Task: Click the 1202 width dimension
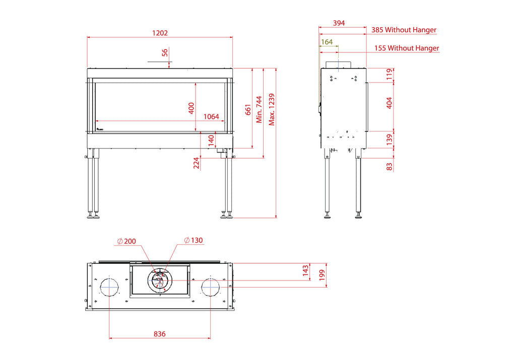(x=160, y=33)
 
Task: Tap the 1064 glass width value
(x=211, y=117)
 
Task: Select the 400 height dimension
(x=191, y=108)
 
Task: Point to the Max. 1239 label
(x=272, y=109)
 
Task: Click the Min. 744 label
(x=260, y=109)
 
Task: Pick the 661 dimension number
(x=248, y=110)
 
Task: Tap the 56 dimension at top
(x=165, y=52)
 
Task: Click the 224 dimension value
(x=197, y=163)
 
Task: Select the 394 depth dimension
(x=339, y=23)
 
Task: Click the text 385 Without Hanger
(x=404, y=30)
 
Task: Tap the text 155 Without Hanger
(x=407, y=48)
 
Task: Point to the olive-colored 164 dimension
(x=327, y=42)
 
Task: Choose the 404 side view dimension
(x=390, y=103)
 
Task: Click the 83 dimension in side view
(x=390, y=167)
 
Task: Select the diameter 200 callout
(x=126, y=241)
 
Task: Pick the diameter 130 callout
(x=193, y=240)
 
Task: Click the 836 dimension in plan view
(x=160, y=334)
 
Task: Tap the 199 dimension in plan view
(x=322, y=275)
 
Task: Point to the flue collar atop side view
(x=338, y=64)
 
